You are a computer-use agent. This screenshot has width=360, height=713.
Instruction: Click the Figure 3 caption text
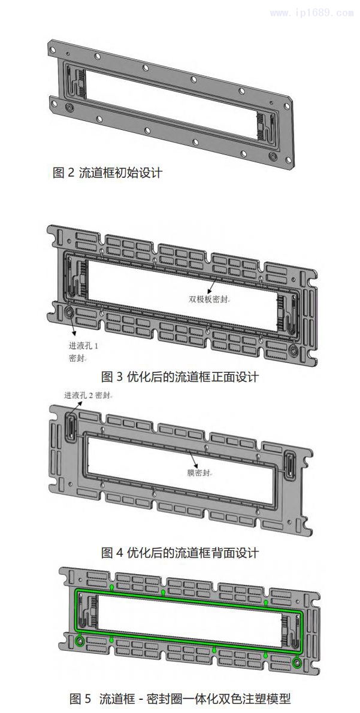point(180,377)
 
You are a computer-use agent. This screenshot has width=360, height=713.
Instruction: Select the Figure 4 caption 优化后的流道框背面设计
point(180,553)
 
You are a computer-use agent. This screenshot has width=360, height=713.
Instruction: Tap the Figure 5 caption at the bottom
point(180,698)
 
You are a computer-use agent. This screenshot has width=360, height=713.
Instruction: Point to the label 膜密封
point(199,473)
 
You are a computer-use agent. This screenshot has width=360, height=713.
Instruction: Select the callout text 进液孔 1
point(83,346)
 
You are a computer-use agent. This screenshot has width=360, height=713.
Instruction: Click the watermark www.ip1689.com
point(311,13)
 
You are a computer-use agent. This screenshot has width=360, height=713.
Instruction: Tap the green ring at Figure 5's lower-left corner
point(80,641)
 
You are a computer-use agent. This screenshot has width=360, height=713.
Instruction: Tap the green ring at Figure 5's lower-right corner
point(297,662)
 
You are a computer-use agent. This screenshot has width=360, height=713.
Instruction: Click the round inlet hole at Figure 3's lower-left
point(69,312)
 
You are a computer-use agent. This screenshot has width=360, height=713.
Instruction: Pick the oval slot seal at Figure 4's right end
point(290,465)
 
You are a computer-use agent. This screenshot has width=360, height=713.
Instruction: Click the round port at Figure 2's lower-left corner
point(69,107)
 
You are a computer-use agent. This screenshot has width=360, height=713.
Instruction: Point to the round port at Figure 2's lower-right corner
point(273,157)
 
